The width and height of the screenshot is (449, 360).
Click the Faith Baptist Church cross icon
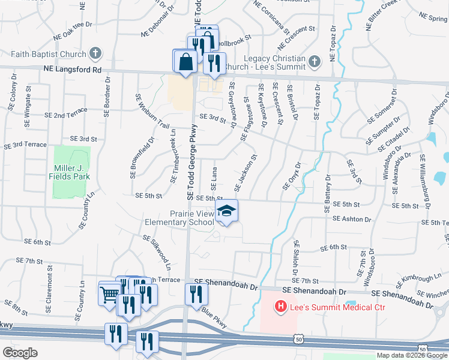tap(95, 54)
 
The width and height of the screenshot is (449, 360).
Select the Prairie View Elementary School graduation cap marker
tap(226, 211)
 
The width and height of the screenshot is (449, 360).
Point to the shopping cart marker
tap(109, 294)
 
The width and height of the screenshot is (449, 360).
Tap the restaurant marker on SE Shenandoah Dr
tap(196, 295)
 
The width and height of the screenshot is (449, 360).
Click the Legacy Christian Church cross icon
tap(313, 61)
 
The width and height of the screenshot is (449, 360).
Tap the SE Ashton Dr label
tap(356, 219)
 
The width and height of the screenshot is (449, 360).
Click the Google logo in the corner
tap(20, 353)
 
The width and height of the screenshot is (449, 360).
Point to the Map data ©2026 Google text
tap(412, 355)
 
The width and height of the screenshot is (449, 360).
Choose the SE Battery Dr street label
tap(328, 194)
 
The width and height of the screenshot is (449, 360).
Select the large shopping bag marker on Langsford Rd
tap(185, 61)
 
